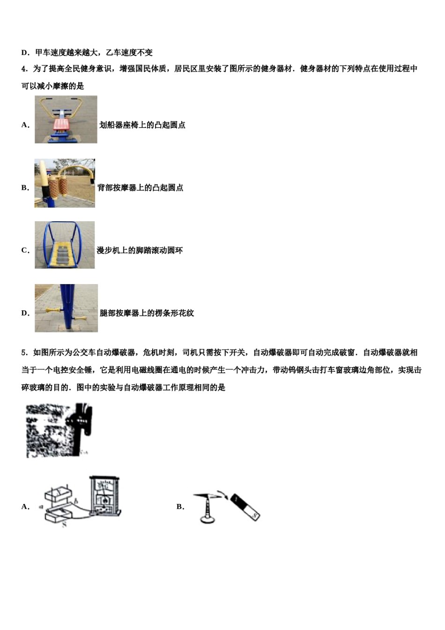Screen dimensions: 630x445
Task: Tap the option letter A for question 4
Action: (x=25, y=125)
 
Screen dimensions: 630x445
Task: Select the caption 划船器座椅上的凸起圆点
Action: (x=142, y=125)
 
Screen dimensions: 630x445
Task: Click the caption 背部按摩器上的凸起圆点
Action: (x=141, y=187)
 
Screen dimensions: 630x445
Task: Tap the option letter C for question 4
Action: (x=25, y=250)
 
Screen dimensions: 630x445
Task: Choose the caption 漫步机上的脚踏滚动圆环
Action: (x=140, y=250)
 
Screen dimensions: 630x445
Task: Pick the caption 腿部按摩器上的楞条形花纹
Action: (x=147, y=313)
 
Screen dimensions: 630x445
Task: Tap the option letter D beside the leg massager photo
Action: (x=25, y=313)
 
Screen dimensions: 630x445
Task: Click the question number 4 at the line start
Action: (x=23, y=69)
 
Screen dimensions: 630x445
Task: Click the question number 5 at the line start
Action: (x=23, y=352)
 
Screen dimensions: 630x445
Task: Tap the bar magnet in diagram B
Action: (x=245, y=507)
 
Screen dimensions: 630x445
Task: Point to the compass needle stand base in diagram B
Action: (x=207, y=518)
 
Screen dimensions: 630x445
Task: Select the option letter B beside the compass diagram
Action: (x=180, y=507)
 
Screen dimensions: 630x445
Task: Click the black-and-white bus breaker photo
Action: (x=59, y=430)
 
